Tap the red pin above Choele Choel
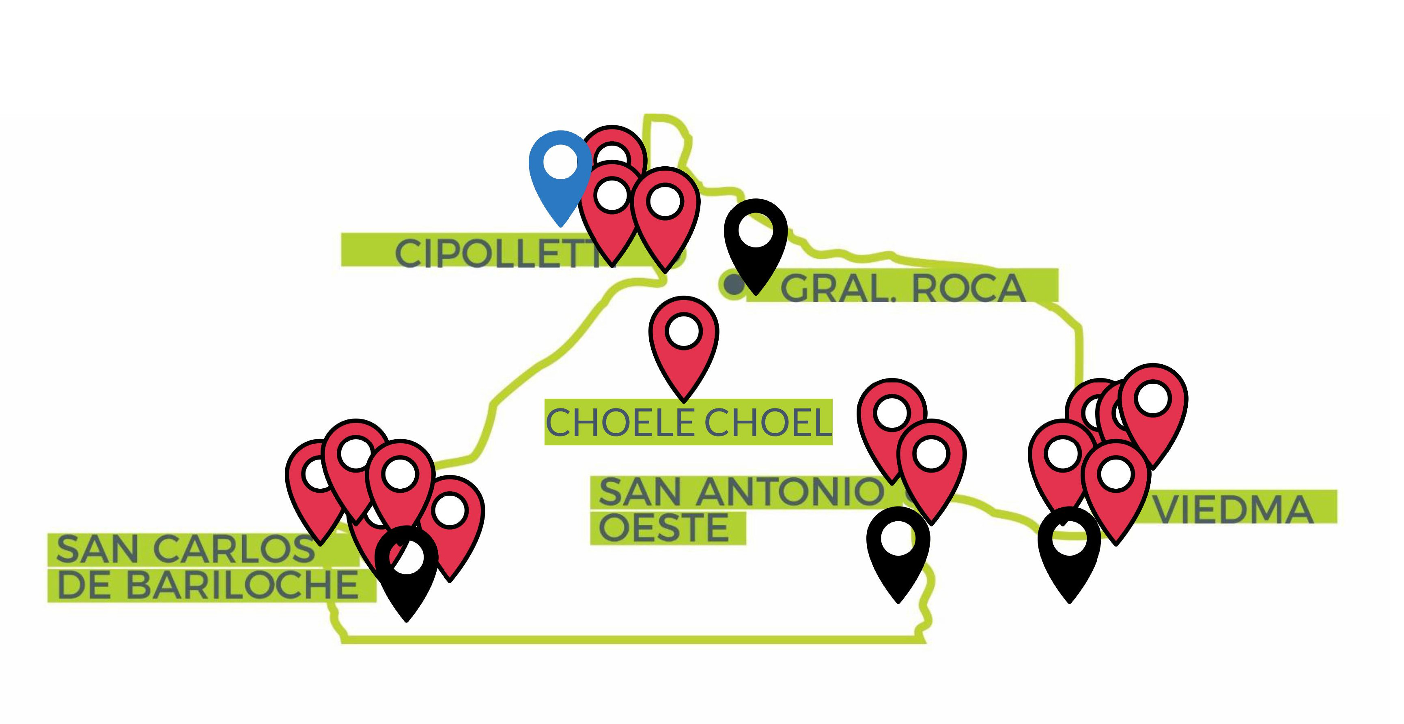point(683,349)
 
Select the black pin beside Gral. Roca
point(756,245)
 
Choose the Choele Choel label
point(688,422)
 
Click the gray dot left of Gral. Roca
point(734,284)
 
